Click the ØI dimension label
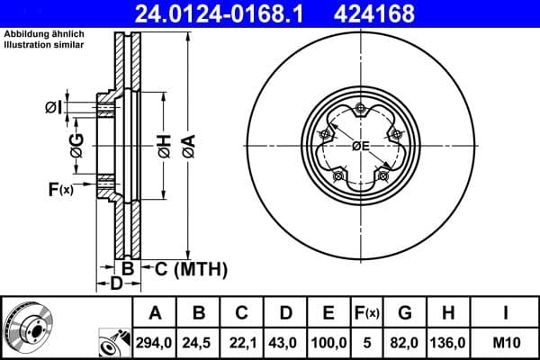click(x=54, y=109)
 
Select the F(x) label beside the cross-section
click(x=60, y=190)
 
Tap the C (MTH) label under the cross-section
click(x=190, y=269)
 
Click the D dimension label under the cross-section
click(x=116, y=284)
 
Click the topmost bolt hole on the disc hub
click(x=360, y=110)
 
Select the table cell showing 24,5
click(x=199, y=341)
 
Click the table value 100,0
click(x=328, y=341)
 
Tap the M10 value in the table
click(x=505, y=341)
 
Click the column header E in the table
click(x=328, y=313)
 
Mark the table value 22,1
click(x=242, y=341)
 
